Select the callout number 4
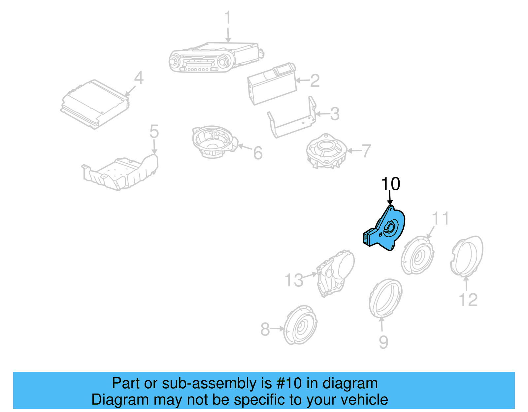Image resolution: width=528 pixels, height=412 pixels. [139, 78]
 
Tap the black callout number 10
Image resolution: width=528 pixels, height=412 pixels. [390, 184]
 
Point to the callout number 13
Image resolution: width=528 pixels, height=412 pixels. [294, 280]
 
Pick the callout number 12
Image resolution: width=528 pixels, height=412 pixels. [468, 300]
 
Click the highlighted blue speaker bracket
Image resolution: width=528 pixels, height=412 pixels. [386, 229]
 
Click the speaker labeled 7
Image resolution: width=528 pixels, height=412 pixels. [326, 151]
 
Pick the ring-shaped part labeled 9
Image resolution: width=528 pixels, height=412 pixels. [385, 298]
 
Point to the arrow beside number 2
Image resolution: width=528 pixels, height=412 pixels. [302, 80]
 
